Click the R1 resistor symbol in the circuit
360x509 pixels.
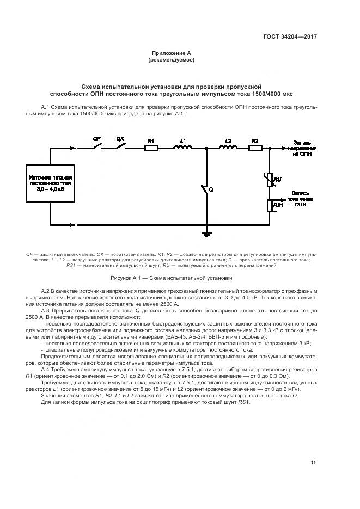click(151, 147)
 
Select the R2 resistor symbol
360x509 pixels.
click(254, 147)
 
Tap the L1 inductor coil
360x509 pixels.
click(182, 147)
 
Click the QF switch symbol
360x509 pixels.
click(96, 145)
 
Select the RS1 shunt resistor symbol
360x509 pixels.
click(270, 205)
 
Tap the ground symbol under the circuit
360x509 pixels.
click(206, 232)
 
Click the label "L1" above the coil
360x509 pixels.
click(182, 140)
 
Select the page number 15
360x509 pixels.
click(314, 463)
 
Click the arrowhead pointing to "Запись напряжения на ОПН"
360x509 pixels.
click(284, 147)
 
